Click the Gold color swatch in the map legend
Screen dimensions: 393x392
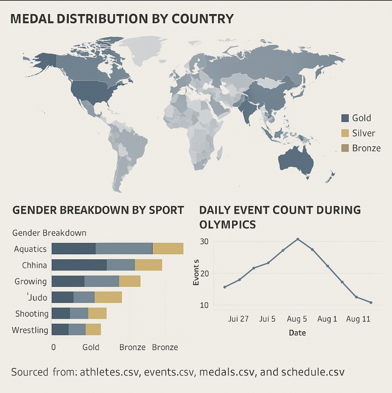[345, 118]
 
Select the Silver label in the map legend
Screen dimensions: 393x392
[363, 133]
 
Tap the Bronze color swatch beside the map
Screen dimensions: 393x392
[345, 148]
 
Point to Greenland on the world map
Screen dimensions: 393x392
[144, 49]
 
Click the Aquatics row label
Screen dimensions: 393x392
[30, 249]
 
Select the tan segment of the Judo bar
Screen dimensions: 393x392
[108, 297]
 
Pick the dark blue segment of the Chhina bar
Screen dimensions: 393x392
[79, 265]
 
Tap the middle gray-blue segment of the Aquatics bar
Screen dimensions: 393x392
[124, 249]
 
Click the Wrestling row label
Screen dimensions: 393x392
[30, 330]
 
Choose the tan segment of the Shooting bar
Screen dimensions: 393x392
[97, 313]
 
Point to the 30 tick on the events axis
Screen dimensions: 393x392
[204, 242]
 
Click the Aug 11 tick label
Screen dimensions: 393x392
[358, 319]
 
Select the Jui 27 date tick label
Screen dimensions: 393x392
[238, 319]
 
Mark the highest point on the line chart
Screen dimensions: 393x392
[298, 239]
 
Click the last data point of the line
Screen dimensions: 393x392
[371, 302]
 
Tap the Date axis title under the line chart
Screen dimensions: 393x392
[297, 333]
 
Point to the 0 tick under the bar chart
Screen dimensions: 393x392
[54, 347]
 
